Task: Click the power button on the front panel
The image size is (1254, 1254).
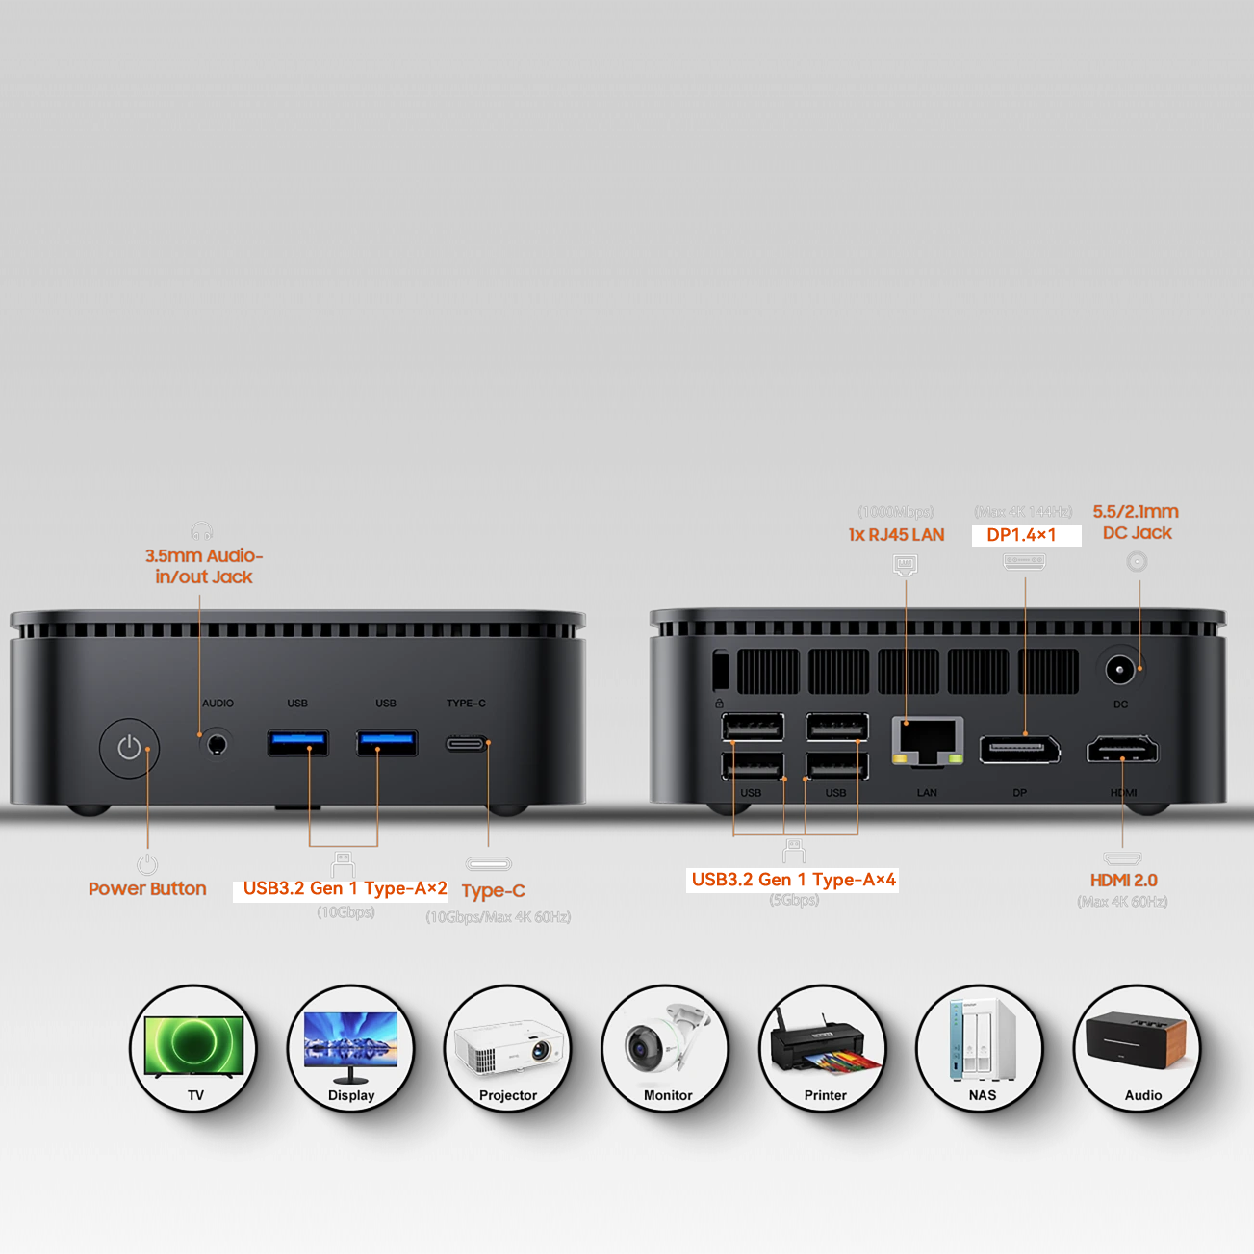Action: (129, 748)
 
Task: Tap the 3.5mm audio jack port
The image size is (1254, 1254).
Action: (217, 744)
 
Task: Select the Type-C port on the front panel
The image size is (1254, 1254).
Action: (467, 743)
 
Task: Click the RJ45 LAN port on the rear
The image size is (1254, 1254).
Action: (928, 740)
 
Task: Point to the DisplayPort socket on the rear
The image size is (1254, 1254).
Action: (1019, 749)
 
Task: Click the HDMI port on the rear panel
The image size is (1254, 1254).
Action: (1122, 749)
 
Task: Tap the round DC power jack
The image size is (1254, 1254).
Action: (1118, 669)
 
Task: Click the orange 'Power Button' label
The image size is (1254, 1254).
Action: (147, 888)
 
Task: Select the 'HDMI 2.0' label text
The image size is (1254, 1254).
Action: (1123, 880)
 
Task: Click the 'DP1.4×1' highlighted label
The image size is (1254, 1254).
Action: (1021, 535)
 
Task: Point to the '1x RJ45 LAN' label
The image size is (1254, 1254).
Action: (896, 535)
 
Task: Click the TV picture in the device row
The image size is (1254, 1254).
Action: (194, 1047)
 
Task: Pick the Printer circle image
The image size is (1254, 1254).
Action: (823, 1047)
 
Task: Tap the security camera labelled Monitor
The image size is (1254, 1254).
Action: (665, 1047)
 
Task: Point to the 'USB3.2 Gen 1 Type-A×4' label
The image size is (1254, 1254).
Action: (793, 880)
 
